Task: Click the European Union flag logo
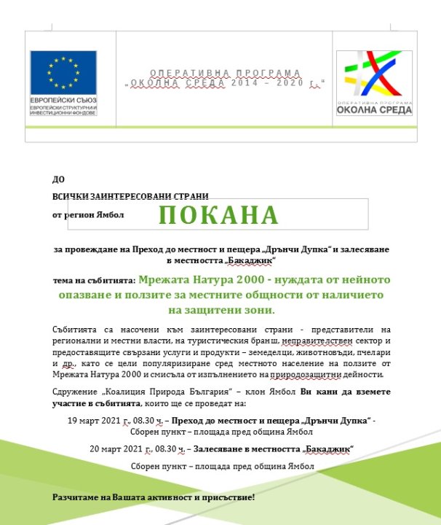[x=63, y=73]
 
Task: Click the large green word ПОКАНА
[x=219, y=215]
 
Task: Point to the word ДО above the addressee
[x=58, y=179]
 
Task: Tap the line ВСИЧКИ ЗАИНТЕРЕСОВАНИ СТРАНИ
[x=130, y=196]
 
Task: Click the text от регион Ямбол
[x=88, y=215]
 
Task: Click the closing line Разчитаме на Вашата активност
[x=153, y=497]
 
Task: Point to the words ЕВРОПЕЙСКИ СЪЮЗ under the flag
[x=63, y=99]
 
